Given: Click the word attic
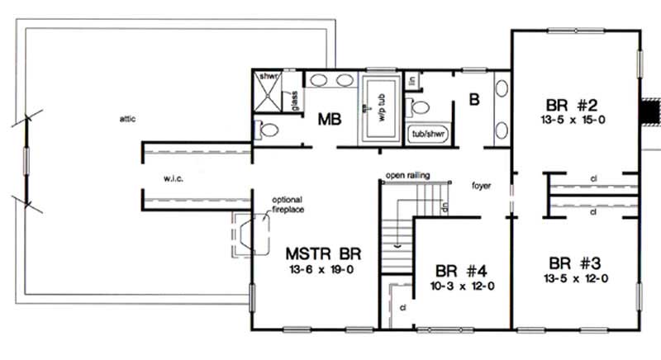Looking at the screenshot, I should [x=126, y=119].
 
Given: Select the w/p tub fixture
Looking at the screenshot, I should [x=382, y=109].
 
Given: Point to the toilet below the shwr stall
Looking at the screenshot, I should [x=266, y=129].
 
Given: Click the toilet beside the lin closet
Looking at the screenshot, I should [x=420, y=105].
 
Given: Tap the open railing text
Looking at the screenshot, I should [x=407, y=175].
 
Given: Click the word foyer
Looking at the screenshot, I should [x=482, y=186].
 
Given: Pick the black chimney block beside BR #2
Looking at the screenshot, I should [x=652, y=111].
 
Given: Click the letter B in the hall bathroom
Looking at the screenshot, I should [x=474, y=101].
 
